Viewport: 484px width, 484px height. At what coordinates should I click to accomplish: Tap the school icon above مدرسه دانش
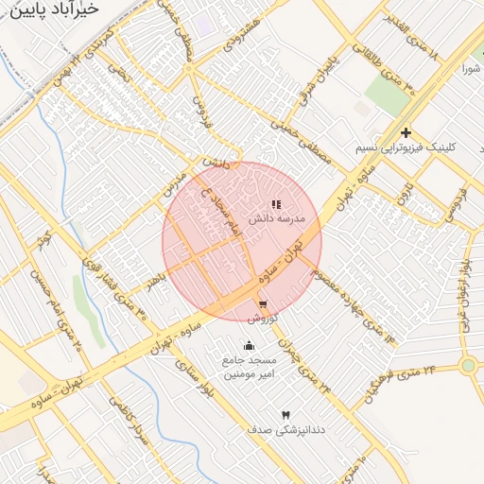point(276,204)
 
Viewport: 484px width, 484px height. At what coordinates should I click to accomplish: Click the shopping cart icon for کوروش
point(262,304)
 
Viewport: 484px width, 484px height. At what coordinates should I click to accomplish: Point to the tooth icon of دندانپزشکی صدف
point(285,415)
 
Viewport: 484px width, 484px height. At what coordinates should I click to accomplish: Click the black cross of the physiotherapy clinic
point(406,133)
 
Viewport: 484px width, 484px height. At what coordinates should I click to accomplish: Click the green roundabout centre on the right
point(467,365)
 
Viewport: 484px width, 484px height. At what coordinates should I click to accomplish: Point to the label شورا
point(471,69)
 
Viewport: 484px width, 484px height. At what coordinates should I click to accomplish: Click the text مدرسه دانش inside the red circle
point(277,218)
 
